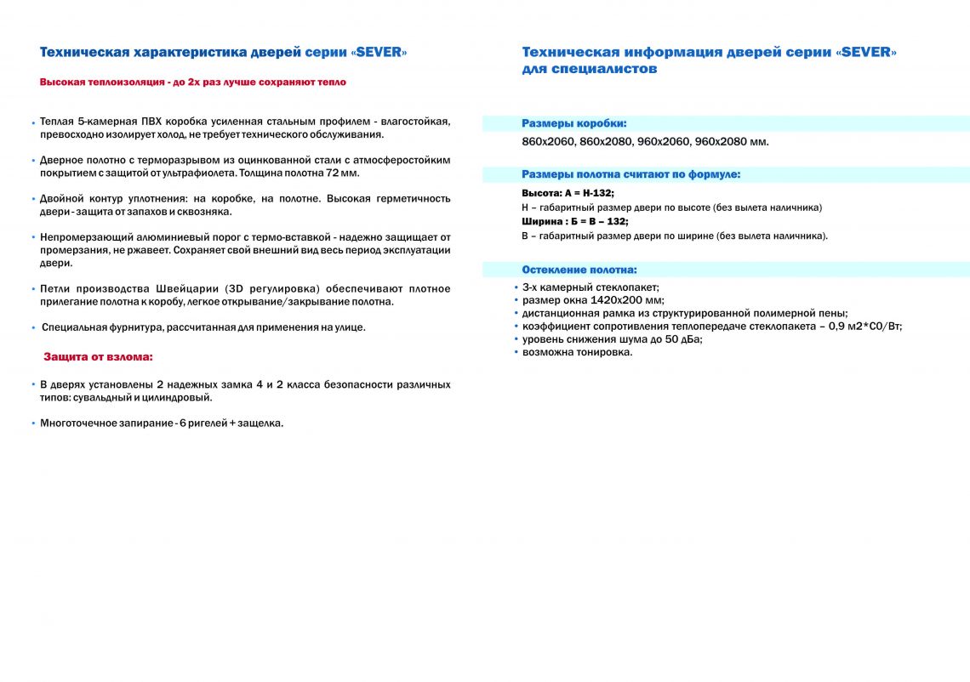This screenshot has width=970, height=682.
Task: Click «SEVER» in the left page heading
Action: [379, 53]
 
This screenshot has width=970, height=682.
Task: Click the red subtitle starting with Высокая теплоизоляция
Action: [193, 82]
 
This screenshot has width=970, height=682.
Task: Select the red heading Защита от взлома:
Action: [98, 357]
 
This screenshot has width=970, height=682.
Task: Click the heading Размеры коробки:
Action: [574, 123]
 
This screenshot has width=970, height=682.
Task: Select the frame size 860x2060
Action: [549, 141]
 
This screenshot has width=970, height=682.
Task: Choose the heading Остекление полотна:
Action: [579, 270]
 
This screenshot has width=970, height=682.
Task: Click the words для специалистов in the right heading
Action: [590, 69]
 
